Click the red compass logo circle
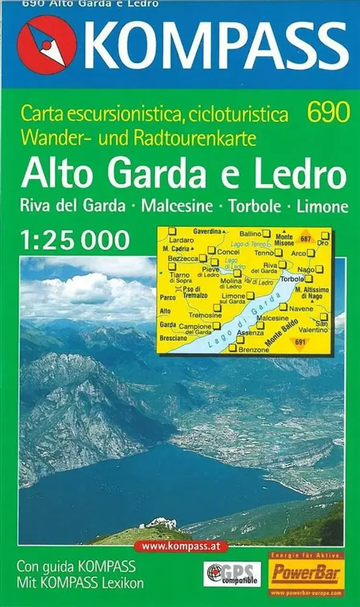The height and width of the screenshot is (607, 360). coord(47,45)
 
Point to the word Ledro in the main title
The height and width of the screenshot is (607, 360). coord(301,176)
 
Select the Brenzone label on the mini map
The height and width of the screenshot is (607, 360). coord(254,350)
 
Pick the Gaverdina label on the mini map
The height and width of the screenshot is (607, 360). coord(207,231)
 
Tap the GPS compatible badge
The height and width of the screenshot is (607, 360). coord(232,574)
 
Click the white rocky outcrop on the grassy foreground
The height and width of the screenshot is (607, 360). coord(161,523)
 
